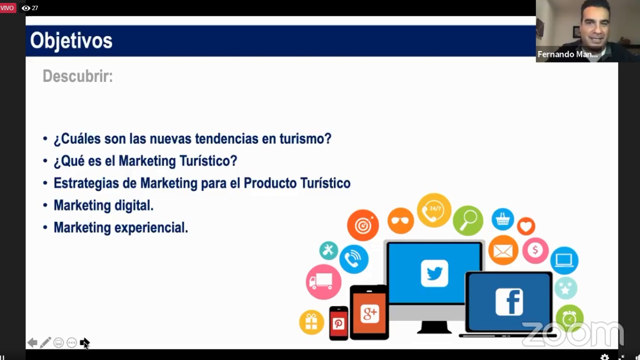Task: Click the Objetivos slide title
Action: (71, 41)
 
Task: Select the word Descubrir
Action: (78, 76)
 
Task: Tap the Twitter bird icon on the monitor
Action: (434, 273)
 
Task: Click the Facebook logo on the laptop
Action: (509, 302)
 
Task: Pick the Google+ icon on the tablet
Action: (370, 313)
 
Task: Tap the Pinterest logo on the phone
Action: (339, 324)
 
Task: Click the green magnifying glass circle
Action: (468, 221)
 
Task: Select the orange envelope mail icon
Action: (503, 251)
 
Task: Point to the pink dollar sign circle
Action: (535, 251)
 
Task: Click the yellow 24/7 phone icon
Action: (434, 211)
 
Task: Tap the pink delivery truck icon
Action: (324, 282)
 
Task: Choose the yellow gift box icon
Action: (312, 322)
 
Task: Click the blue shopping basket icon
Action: (503, 219)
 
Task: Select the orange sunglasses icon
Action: (401, 221)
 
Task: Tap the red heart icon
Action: (526, 227)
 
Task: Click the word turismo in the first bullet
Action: (305, 139)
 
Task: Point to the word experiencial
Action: (151, 228)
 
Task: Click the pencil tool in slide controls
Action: (45, 342)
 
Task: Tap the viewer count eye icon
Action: (26, 8)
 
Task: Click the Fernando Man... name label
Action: (568, 54)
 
